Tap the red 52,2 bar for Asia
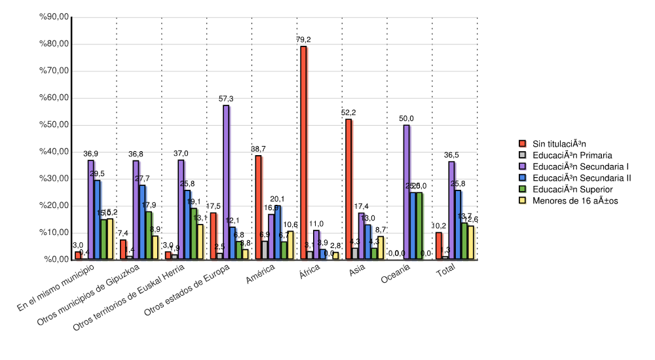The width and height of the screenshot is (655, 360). [348, 189]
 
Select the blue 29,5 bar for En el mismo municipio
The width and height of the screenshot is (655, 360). [97, 219]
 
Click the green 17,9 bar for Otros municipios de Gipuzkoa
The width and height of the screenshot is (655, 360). [149, 235]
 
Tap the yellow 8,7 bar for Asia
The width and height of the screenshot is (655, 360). [381, 247]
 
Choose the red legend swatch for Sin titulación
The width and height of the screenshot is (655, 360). [523, 144]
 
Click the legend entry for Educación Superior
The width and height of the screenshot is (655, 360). [570, 189]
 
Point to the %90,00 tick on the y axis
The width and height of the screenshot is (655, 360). [55, 17]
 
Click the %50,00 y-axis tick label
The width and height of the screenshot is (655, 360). [55, 124]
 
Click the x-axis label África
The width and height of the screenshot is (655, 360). [309, 271]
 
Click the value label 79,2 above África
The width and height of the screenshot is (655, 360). [303, 40]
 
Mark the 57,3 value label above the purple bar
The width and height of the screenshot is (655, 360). [226, 99]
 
